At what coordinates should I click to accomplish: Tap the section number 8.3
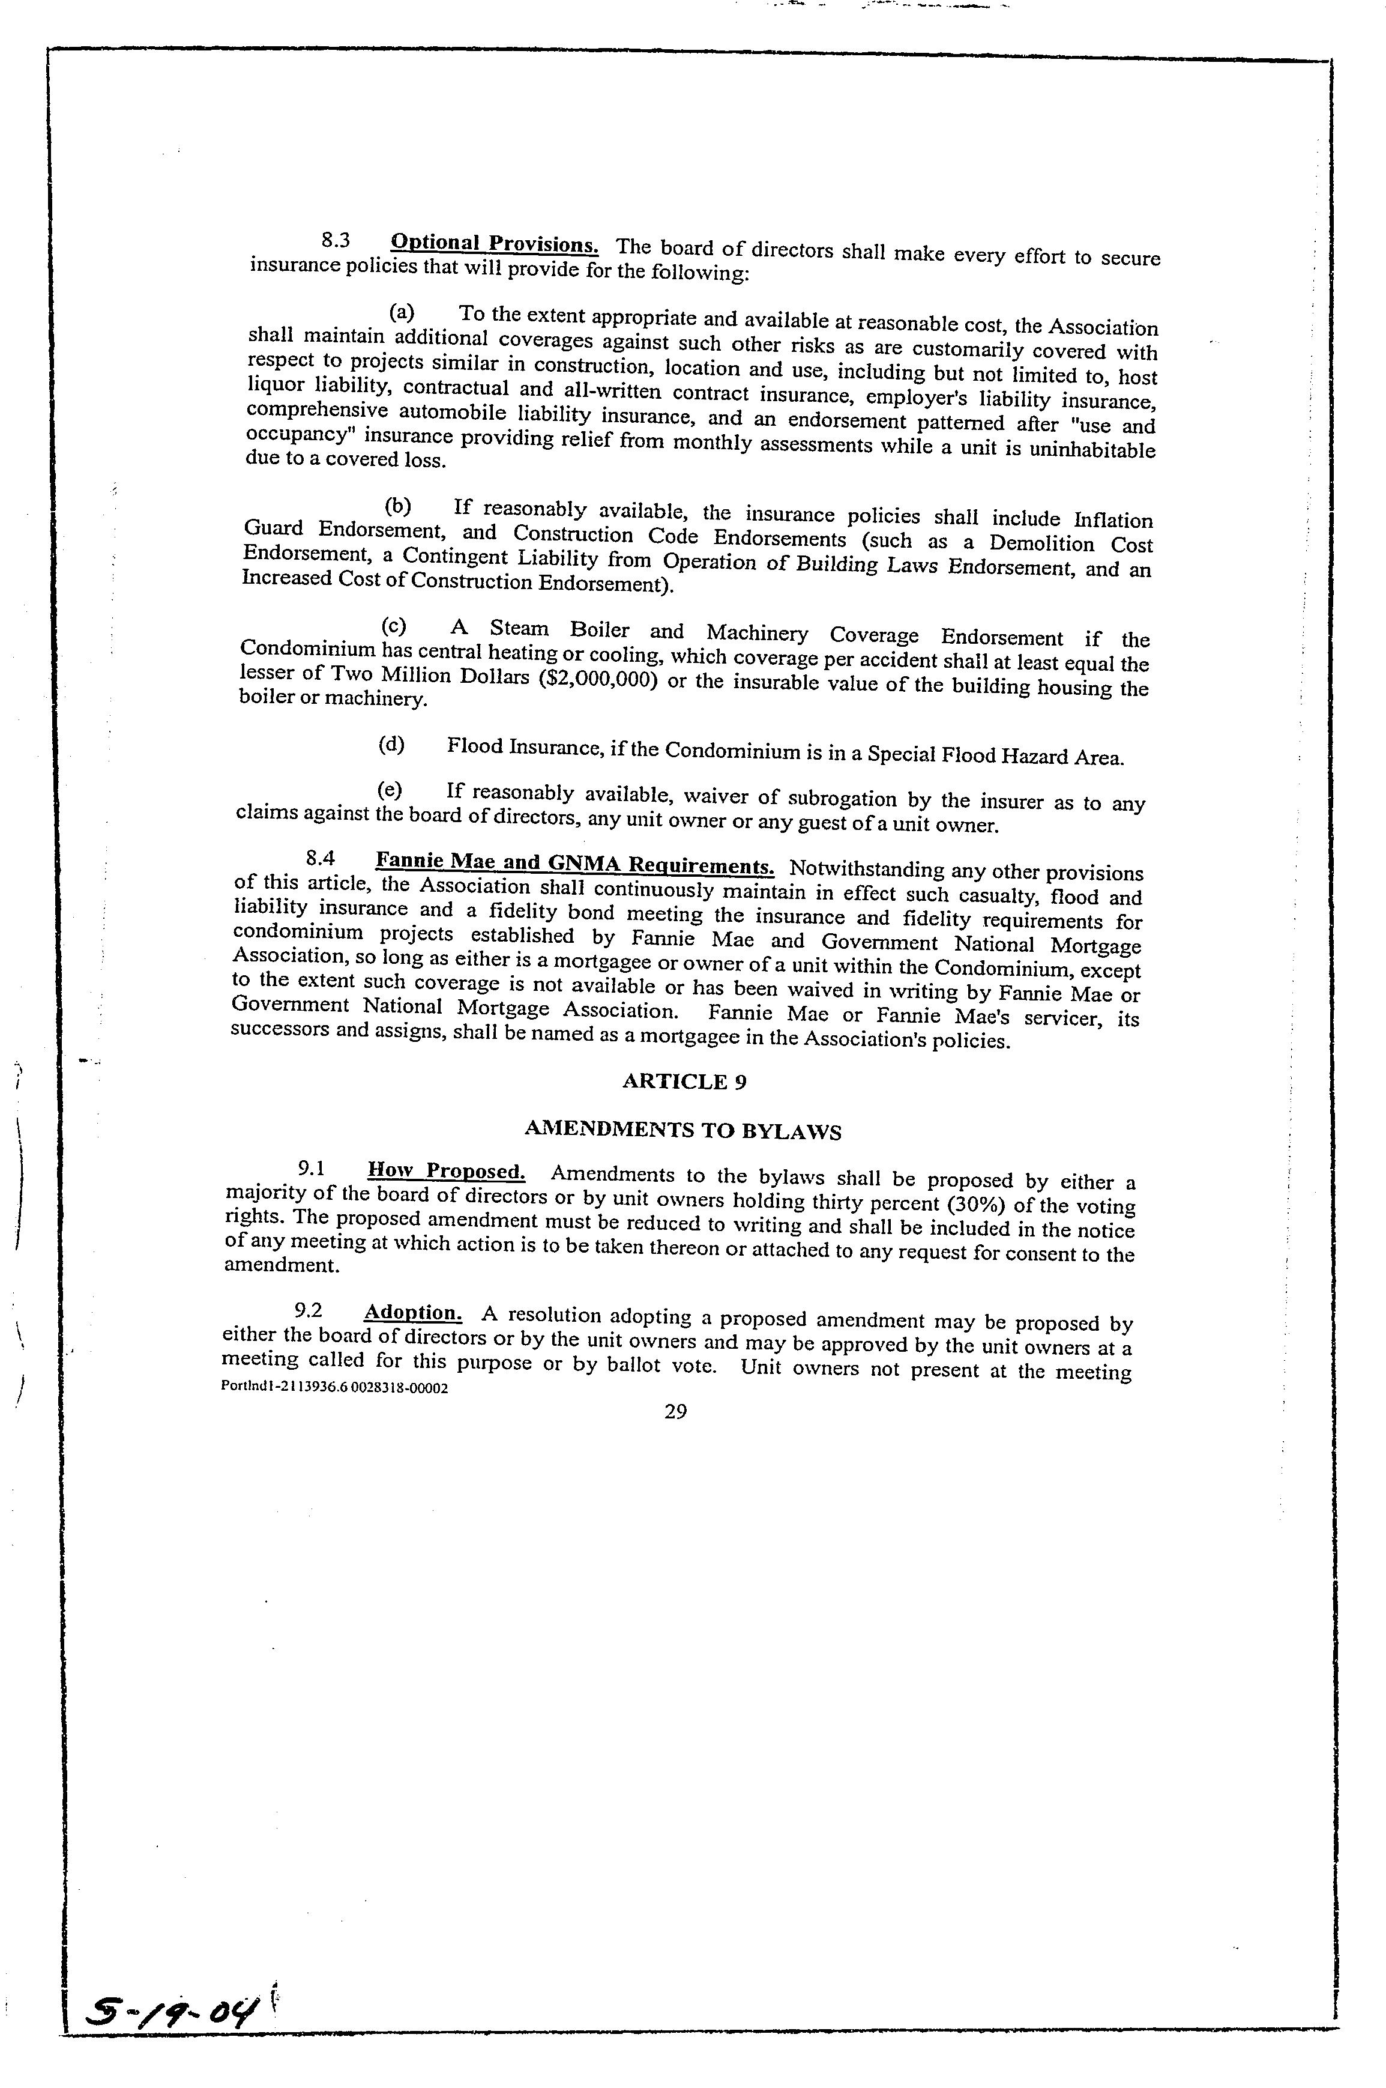(x=336, y=240)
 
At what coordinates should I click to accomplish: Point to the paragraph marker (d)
(x=391, y=745)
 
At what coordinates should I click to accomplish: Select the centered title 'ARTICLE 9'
(x=685, y=1082)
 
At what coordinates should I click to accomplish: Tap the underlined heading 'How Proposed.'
(x=447, y=1171)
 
